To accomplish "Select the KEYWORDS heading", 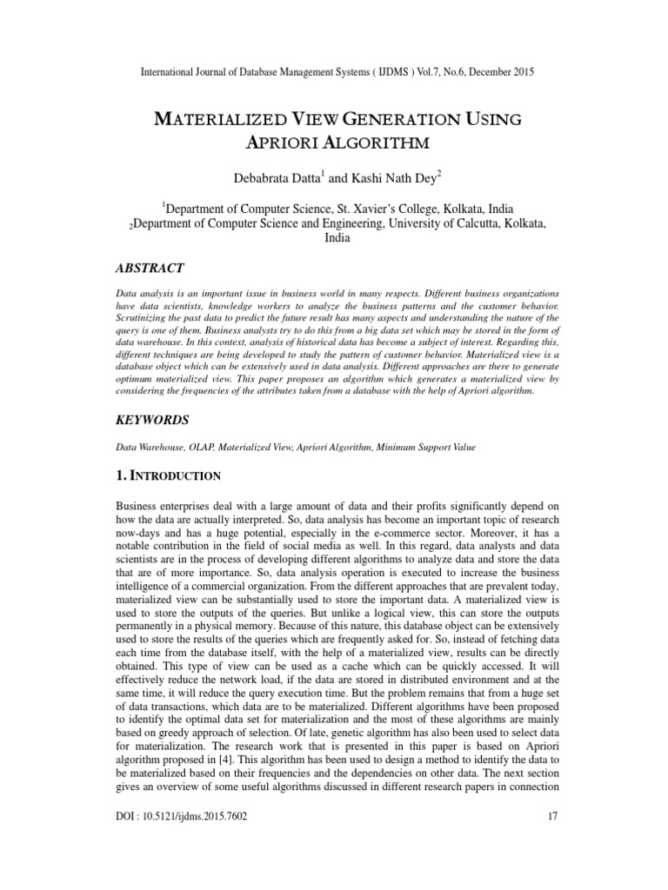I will click(153, 420).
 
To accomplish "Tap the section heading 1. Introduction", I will click(168, 475).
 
